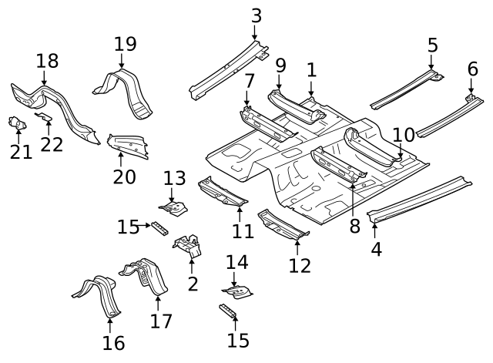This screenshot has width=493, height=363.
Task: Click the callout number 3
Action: pyautogui.click(x=257, y=15)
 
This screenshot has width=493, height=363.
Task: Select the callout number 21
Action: pyautogui.click(x=21, y=152)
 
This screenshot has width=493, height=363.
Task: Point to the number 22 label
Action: pyautogui.click(x=52, y=143)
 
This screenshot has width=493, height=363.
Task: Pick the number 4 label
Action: pyautogui.click(x=376, y=249)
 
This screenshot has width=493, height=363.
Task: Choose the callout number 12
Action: pyautogui.click(x=300, y=266)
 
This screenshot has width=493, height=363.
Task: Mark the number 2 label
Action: pyautogui.click(x=193, y=284)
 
